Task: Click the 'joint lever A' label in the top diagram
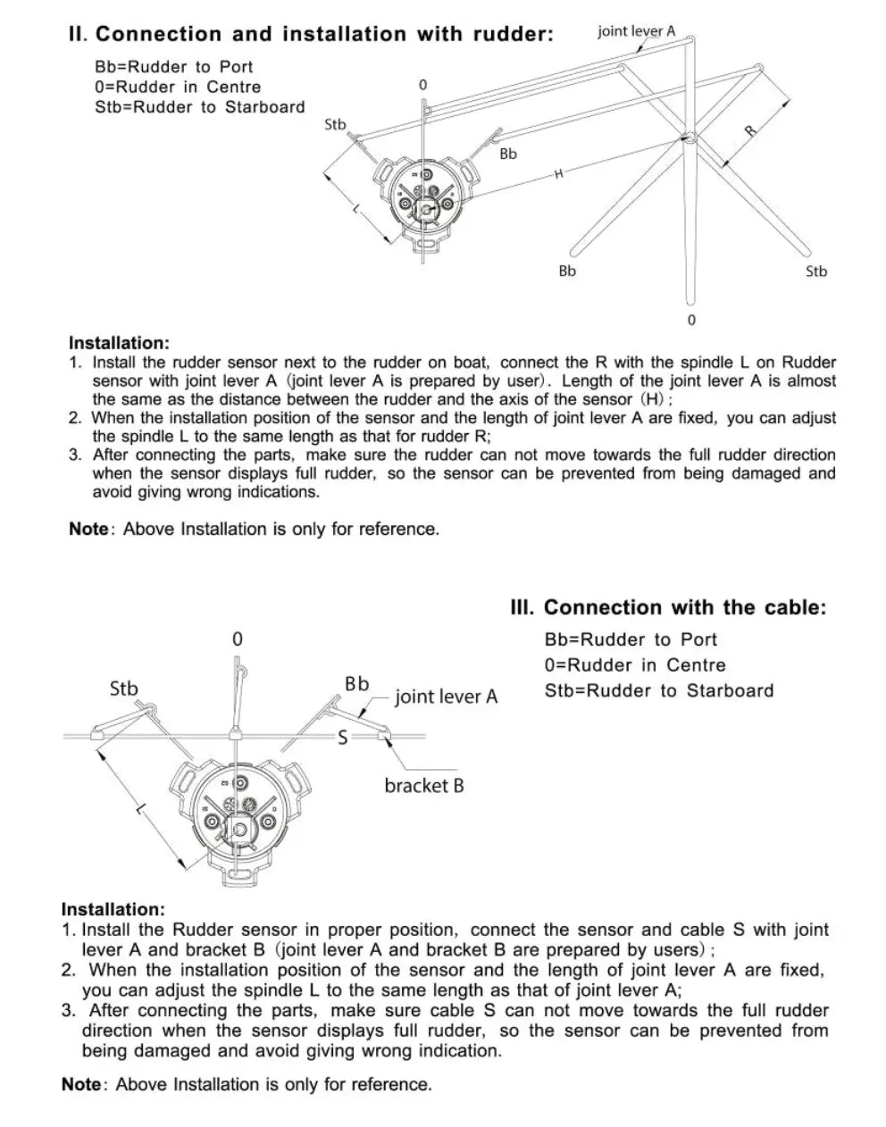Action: [636, 31]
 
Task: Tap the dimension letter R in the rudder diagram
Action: [750, 130]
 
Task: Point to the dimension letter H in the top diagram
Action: [559, 174]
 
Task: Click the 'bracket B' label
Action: [424, 786]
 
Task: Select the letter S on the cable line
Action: [342, 737]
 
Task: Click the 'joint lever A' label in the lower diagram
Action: [446, 697]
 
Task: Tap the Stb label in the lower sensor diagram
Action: [124, 689]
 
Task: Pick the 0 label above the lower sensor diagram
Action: [237, 639]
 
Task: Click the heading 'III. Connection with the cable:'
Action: [667, 608]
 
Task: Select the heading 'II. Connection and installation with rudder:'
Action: [311, 35]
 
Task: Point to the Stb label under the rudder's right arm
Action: [816, 271]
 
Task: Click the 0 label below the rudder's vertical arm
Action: [690, 320]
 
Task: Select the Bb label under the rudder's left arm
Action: [567, 271]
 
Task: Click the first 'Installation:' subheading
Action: [119, 343]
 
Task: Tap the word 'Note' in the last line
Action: [80, 1085]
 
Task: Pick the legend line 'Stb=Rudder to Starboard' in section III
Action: [659, 690]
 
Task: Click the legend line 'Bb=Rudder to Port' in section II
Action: [174, 67]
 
